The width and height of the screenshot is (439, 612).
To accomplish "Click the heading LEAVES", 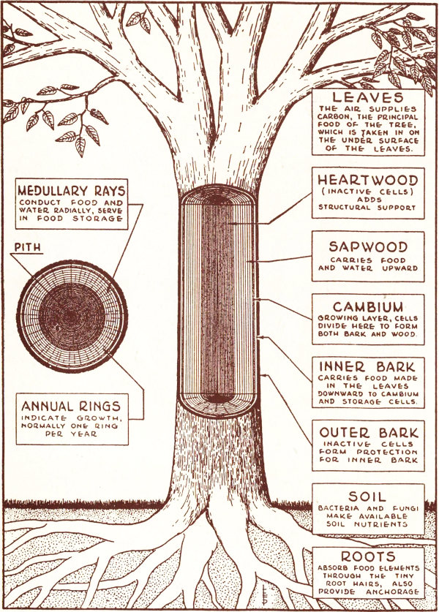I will [x=367, y=97].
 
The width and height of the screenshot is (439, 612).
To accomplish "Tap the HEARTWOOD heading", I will [x=367, y=179].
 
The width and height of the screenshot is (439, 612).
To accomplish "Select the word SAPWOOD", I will [x=367, y=247].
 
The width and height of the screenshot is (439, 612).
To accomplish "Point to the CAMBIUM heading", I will [x=367, y=306].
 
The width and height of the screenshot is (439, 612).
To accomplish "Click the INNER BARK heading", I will [x=367, y=367].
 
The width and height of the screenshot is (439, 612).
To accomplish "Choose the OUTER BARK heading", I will [x=367, y=432].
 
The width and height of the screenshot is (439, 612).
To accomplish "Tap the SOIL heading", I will [x=367, y=496].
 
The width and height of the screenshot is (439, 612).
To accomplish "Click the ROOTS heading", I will [x=367, y=556].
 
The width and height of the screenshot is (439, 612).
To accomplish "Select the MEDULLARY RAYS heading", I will [x=71, y=192].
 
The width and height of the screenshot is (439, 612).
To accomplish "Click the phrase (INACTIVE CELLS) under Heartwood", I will [x=367, y=193].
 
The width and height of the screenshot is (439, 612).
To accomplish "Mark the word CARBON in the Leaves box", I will [x=334, y=120].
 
